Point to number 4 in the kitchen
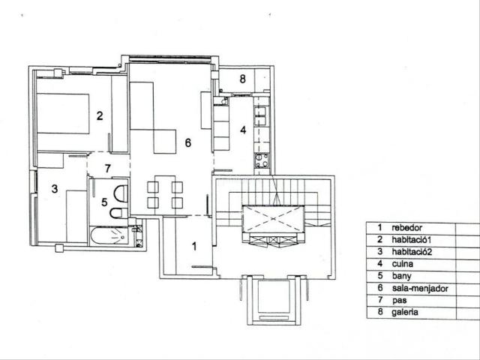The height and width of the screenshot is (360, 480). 242,130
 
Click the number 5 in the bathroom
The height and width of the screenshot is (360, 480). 104,202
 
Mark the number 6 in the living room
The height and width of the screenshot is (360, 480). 188,142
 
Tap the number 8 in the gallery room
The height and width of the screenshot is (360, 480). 242,79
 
